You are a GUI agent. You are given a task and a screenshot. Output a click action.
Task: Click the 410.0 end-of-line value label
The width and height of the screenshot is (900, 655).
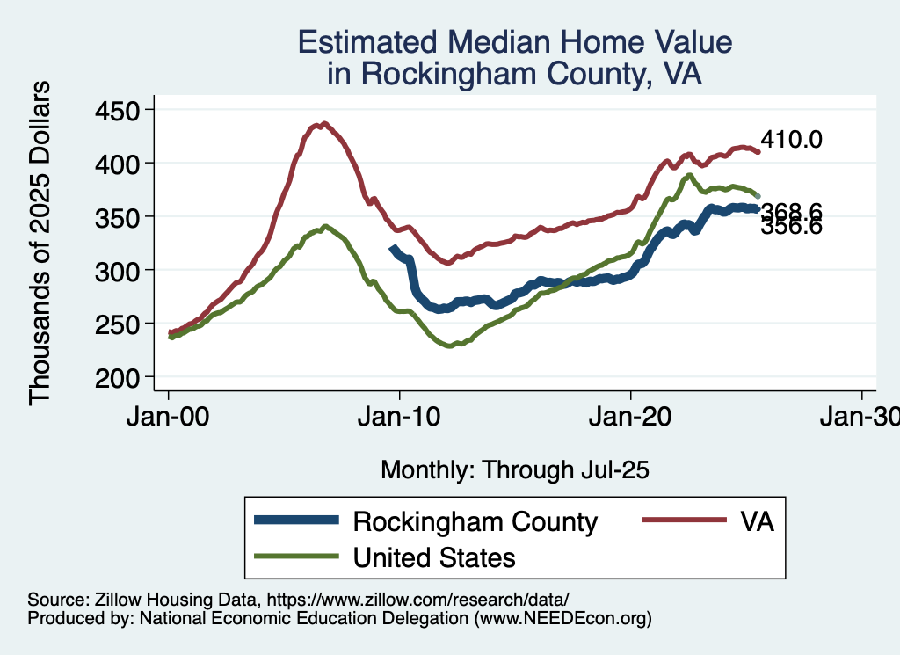pos(791,139)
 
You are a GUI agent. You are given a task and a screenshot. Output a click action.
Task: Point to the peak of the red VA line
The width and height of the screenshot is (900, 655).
pos(324,124)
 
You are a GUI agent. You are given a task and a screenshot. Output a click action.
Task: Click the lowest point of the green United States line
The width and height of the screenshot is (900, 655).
pos(451,346)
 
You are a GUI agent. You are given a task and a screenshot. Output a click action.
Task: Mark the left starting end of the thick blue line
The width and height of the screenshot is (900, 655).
pos(392,249)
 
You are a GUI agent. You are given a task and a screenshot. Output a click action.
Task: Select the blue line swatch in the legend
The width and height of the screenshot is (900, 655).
pos(296,520)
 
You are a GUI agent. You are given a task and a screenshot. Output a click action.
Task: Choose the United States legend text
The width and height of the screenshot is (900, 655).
pos(434,557)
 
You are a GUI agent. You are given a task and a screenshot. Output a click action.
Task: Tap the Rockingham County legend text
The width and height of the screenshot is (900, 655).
pos(475,521)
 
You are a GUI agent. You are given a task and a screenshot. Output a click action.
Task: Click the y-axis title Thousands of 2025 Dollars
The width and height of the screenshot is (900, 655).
pos(40,243)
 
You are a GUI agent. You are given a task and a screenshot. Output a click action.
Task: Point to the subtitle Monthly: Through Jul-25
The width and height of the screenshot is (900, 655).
pos(514,470)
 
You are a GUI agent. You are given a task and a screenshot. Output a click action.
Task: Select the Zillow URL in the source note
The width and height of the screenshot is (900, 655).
pos(418,600)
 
